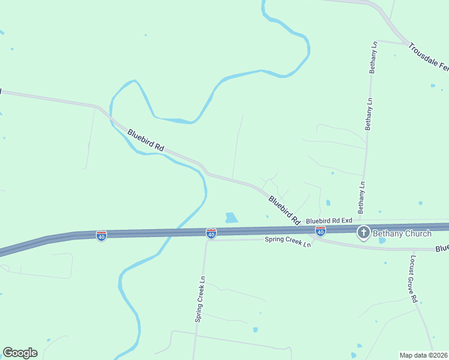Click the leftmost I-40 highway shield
pyautogui.click(x=101, y=236)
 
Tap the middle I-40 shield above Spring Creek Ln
pyautogui.click(x=211, y=233)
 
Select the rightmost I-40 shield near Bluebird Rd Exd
pyautogui.click(x=321, y=231)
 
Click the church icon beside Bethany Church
pyautogui.click(x=363, y=233)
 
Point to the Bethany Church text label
pyautogui.click(x=402, y=233)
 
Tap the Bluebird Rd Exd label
pyautogui.click(x=328, y=221)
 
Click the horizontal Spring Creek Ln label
pyautogui.click(x=288, y=242)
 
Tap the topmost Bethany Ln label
pyautogui.click(x=373, y=58)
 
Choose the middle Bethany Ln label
pyautogui.click(x=368, y=113)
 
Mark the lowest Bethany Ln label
pyautogui.click(x=361, y=197)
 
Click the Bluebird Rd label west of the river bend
pyautogui.click(x=146, y=139)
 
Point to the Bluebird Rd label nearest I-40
pyautogui.click(x=284, y=210)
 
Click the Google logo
pyautogui.click(x=20, y=353)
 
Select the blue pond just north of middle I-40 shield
pyautogui.click(x=231, y=218)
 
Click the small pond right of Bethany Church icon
pyautogui.click(x=382, y=241)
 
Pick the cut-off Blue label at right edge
pyautogui.click(x=442, y=248)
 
